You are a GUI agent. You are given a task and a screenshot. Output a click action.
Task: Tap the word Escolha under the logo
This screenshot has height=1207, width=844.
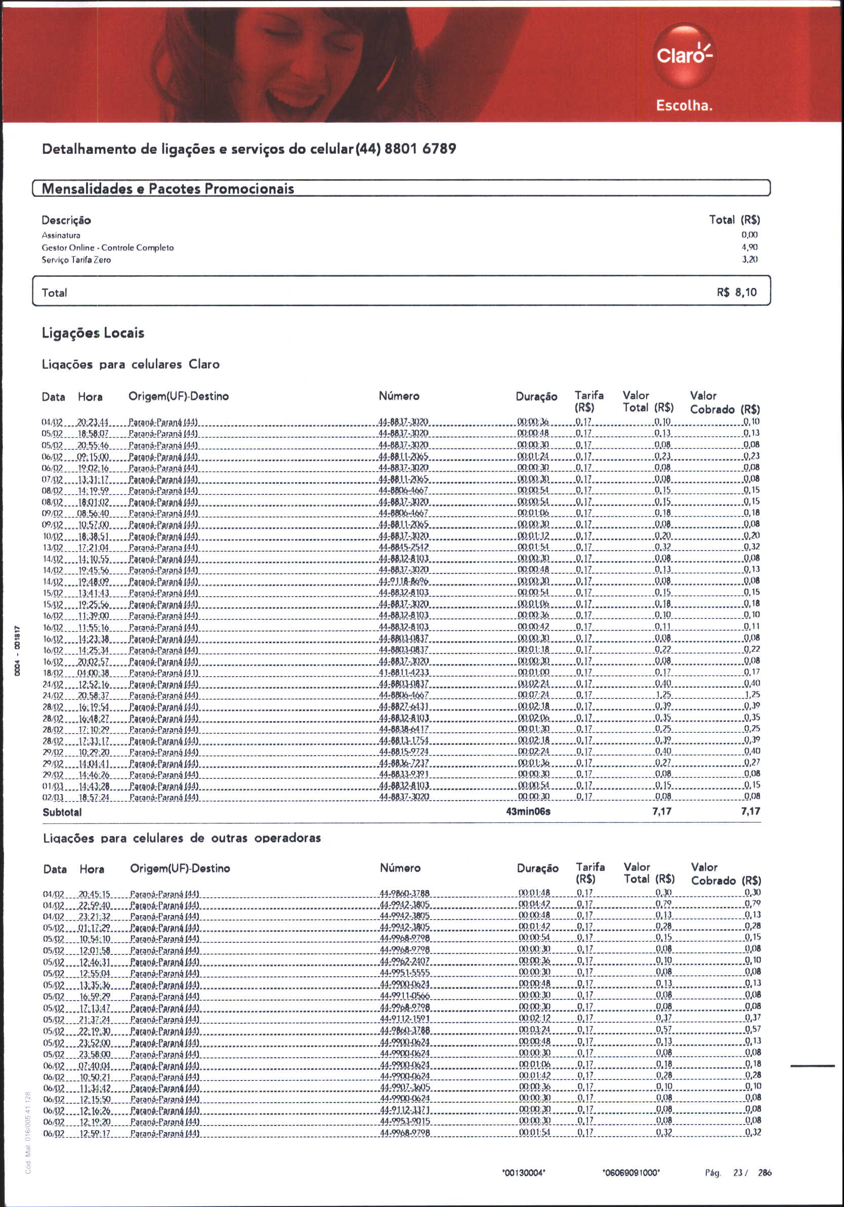(684, 106)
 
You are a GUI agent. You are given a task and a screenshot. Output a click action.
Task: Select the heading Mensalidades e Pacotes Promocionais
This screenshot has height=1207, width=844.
(167, 189)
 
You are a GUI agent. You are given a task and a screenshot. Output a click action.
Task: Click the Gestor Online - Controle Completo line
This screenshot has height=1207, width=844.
(108, 247)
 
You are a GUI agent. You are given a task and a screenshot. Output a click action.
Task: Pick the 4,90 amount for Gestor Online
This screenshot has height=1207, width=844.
(749, 247)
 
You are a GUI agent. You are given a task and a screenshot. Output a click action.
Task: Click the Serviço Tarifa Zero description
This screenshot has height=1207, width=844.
(76, 260)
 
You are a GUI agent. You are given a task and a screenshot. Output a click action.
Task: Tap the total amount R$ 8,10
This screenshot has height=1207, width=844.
(737, 293)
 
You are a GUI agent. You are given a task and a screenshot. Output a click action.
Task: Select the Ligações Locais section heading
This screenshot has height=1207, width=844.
(93, 333)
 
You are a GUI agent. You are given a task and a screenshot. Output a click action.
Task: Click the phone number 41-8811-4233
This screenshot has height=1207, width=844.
(404, 673)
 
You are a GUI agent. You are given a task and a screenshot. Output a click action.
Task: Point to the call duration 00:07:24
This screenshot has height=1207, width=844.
(533, 695)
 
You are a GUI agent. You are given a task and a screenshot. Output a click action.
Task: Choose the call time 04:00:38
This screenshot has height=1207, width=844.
(93, 673)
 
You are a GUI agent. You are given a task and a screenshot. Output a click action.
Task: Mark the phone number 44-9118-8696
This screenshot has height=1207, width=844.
(404, 581)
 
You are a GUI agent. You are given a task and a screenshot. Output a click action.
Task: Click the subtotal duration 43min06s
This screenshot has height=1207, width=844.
(528, 812)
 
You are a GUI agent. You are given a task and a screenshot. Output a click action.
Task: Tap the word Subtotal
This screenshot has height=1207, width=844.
(62, 812)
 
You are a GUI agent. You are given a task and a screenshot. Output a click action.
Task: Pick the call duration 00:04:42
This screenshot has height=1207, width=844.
(534, 904)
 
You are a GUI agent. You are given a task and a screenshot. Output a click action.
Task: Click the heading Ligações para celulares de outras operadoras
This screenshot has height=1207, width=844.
(182, 838)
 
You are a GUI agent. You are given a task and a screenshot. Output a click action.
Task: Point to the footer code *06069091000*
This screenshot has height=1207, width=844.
(631, 1173)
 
